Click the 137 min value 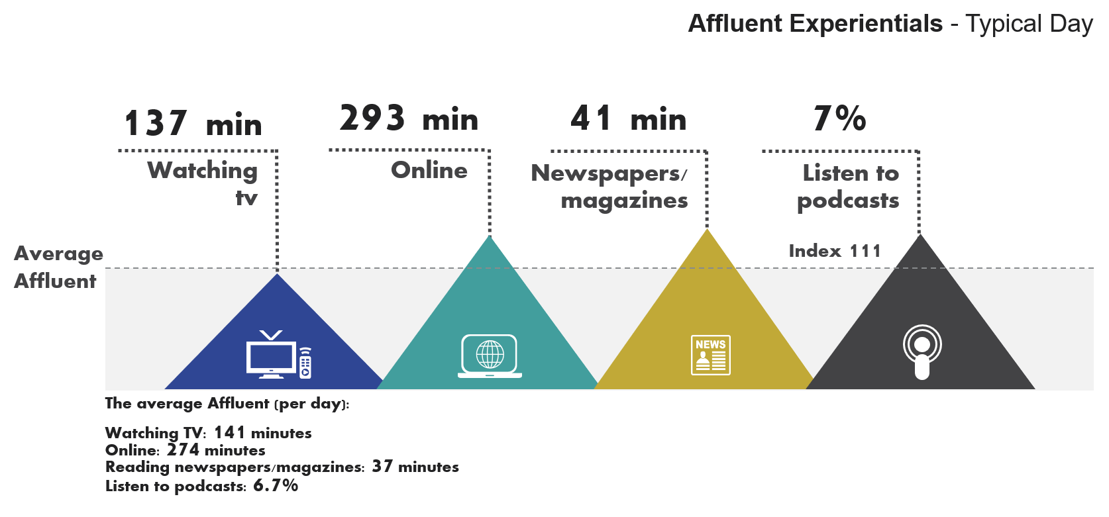[193, 124]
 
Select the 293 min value [408, 119]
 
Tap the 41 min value [628, 119]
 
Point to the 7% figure [839, 119]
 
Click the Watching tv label [203, 182]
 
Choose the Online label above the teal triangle [429, 170]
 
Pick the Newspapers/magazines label [610, 186]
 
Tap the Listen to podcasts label [849, 186]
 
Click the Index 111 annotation [834, 251]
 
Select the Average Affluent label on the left [58, 267]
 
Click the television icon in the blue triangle [278, 355]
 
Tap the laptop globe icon [490, 356]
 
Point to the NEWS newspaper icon [710, 355]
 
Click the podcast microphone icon [922, 352]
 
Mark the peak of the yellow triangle [707, 230]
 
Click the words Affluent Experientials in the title [816, 24]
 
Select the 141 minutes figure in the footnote [262, 433]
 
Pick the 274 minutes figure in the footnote [216, 450]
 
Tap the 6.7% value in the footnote [276, 486]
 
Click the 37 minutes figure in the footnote [415, 467]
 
